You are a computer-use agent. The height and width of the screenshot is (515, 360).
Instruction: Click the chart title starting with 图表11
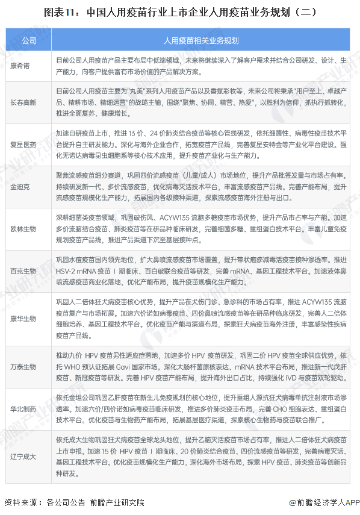[x=179, y=11]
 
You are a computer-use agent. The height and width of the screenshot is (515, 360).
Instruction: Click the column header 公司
[x=28, y=40]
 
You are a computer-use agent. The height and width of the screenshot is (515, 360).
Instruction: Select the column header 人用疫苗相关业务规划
[x=201, y=40]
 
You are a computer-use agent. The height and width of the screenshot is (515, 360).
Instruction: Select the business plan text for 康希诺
[x=201, y=66]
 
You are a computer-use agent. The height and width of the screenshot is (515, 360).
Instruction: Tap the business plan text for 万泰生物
[x=201, y=366]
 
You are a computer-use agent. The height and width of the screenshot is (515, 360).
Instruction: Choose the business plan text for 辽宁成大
[x=201, y=457]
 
